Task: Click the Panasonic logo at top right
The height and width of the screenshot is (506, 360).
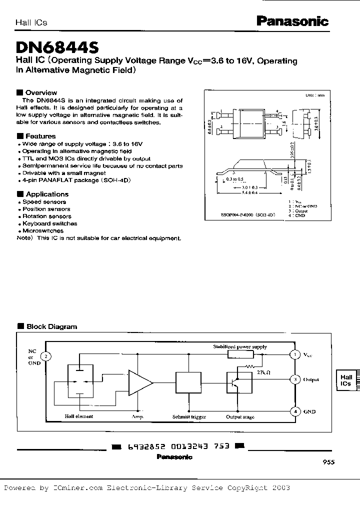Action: click(x=292, y=21)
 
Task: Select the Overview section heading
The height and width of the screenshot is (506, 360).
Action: click(x=37, y=92)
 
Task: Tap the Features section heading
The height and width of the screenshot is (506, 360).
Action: click(x=37, y=136)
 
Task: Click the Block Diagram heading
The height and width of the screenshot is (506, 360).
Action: click(x=47, y=326)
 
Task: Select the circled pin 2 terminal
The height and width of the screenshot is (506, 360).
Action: click(x=46, y=356)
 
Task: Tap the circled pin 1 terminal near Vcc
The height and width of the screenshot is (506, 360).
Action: click(x=295, y=354)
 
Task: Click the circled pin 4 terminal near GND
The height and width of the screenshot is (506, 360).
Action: click(x=295, y=411)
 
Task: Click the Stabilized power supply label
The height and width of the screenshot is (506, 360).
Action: click(x=240, y=346)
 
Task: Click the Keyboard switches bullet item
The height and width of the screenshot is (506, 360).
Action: click(x=49, y=223)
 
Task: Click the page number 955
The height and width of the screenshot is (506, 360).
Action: click(x=328, y=463)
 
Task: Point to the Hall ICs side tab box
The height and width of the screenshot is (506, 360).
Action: click(x=346, y=380)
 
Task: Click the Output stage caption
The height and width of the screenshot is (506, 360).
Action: click(x=240, y=416)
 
